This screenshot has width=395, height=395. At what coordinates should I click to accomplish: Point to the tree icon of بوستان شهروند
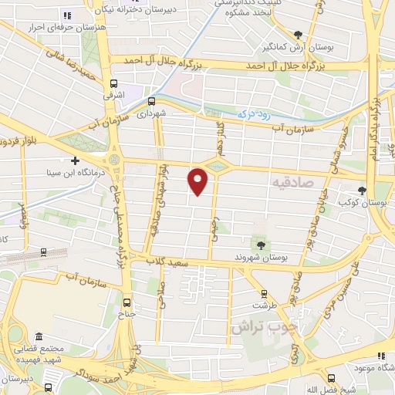point(261,245)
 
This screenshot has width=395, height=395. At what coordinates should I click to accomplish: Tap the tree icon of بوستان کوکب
point(363,191)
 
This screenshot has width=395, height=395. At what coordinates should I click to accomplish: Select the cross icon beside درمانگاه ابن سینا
point(74,160)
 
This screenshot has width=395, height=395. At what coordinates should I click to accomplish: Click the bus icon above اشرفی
point(114,84)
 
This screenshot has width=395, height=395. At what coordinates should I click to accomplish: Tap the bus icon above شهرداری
point(151,100)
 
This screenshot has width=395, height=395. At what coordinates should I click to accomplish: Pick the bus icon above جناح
point(127,302)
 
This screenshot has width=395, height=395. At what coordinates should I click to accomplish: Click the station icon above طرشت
point(264,293)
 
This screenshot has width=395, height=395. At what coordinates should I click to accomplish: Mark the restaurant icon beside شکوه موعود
point(380,356)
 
